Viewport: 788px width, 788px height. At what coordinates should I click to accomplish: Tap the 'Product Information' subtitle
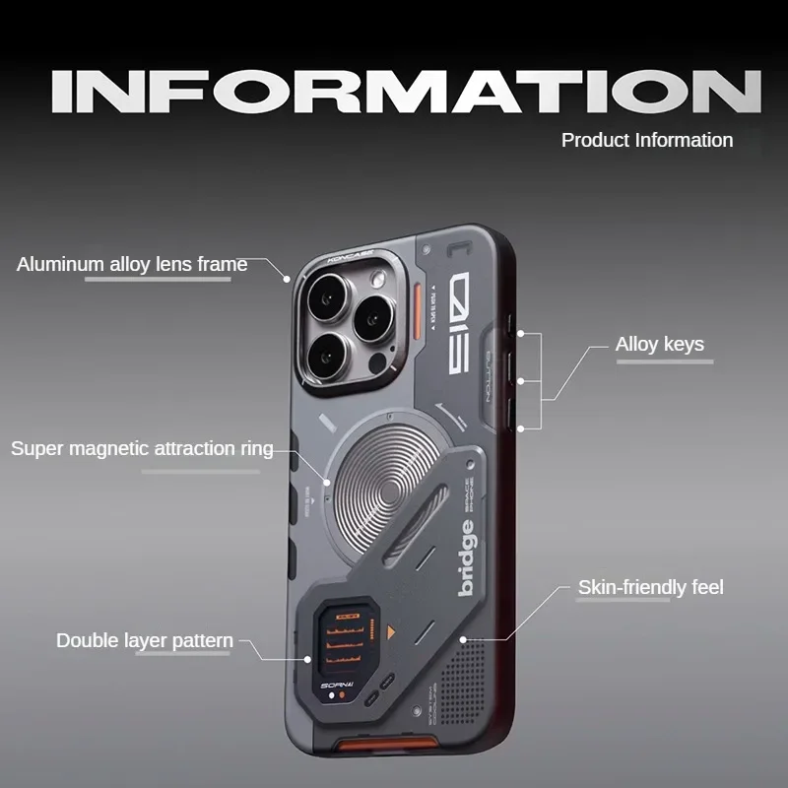647,140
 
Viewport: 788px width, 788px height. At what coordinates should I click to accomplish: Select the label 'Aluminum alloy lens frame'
132,264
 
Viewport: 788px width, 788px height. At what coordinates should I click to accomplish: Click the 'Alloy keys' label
659,344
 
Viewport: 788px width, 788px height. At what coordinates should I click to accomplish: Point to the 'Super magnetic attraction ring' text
142,448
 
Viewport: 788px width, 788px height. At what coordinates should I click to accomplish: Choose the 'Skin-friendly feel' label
650,588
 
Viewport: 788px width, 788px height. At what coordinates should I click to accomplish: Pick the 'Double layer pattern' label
145,640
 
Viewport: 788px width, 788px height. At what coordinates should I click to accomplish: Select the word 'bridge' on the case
467,558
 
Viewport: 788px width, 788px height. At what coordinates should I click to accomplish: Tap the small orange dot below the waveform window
341,696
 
